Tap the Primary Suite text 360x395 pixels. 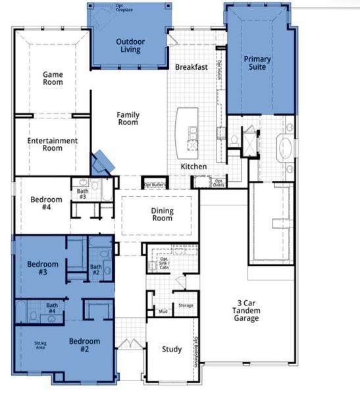click(x=257, y=63)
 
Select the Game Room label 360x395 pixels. click(x=53, y=79)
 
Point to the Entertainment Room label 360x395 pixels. click(x=53, y=144)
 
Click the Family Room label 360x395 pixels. click(x=128, y=118)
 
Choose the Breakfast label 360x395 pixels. click(x=191, y=67)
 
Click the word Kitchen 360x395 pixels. click(x=194, y=167)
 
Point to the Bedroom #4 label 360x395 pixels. click(x=46, y=204)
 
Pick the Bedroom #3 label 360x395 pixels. click(x=43, y=269)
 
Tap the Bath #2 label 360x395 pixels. click(x=95, y=269)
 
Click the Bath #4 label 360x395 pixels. click(x=51, y=308)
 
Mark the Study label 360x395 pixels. click(x=172, y=350)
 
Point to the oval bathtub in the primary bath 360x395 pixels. click(x=286, y=147)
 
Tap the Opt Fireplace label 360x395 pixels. click(x=124, y=8)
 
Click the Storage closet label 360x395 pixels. click(x=186, y=305)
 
